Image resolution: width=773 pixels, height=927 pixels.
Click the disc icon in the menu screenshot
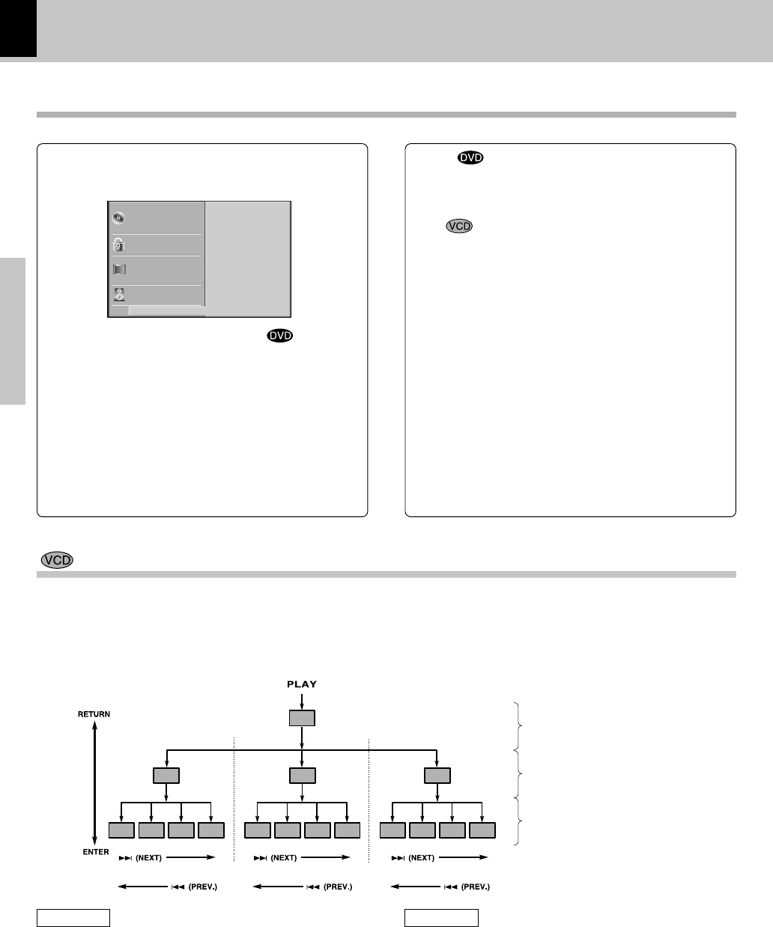pos(118,218)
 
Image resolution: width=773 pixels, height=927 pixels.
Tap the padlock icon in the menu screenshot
pos(118,244)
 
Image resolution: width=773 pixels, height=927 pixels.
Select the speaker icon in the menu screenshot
pos(118,295)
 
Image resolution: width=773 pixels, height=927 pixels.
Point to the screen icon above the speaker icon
pos(118,270)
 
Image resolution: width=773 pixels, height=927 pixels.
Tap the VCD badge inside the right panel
pos(459,226)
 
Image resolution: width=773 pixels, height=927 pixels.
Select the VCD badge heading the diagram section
pos(57,561)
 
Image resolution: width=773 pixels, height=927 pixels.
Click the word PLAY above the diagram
pos(302,683)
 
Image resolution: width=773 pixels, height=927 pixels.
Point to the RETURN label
pos(94,714)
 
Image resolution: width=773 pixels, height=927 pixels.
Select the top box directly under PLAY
pos(302,718)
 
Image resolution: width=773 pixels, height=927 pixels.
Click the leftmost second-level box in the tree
pos(166,775)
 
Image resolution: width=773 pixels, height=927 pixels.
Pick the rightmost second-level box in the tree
pos(437,775)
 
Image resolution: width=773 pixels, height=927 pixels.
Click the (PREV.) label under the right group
pos(475,887)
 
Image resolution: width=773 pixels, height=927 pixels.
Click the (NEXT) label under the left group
pos(148,857)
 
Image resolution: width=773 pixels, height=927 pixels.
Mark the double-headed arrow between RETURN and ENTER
pos(94,783)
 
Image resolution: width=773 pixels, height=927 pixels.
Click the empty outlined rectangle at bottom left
pos(74,917)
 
